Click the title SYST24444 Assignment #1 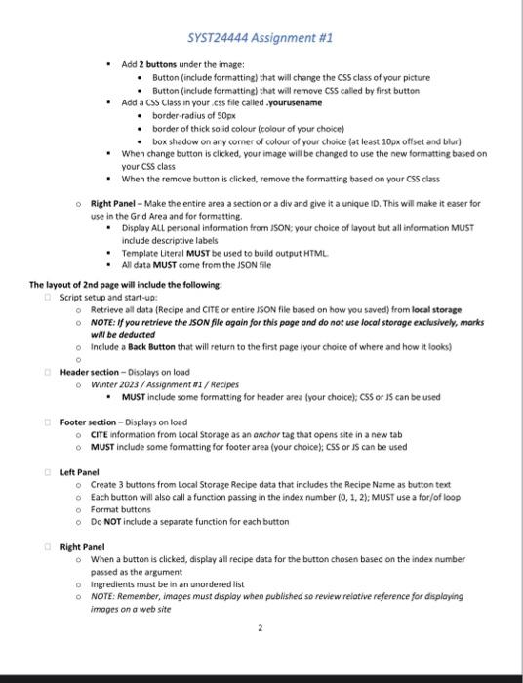(x=261, y=38)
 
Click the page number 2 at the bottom (x=261, y=629)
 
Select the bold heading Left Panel (x=80, y=471)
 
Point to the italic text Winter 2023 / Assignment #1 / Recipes (x=156, y=384)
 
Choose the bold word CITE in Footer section (x=101, y=434)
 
